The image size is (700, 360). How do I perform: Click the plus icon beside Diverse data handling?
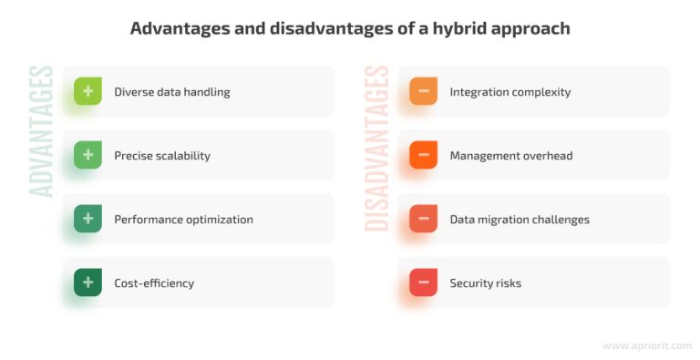pyautogui.click(x=87, y=91)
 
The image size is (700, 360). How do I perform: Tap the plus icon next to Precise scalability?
pyautogui.click(x=87, y=155)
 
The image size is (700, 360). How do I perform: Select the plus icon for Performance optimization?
pyautogui.click(x=87, y=219)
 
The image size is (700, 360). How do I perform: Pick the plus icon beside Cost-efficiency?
pyautogui.click(x=87, y=283)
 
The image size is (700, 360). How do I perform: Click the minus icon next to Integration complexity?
pyautogui.click(x=424, y=91)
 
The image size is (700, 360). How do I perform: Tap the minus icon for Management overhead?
pyautogui.click(x=424, y=155)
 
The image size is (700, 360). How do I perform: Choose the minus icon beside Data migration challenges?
pyautogui.click(x=424, y=219)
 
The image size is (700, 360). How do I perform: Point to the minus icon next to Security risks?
pyautogui.click(x=424, y=283)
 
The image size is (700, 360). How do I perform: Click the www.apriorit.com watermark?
pyautogui.click(x=647, y=345)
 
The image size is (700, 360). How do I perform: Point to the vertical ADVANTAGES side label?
pyautogui.click(x=42, y=131)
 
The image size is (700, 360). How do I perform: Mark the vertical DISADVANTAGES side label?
pyautogui.click(x=377, y=149)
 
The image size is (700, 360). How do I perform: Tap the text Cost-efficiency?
pyautogui.click(x=154, y=283)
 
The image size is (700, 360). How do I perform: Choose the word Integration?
pyautogui.click(x=477, y=92)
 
